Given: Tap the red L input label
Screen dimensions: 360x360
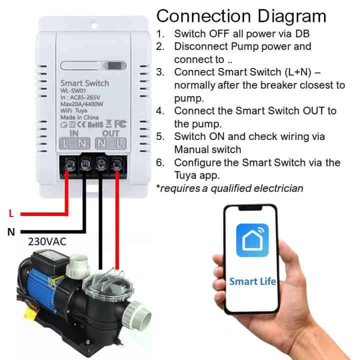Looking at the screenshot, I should pos(11,213).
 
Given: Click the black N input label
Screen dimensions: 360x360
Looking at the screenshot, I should pos(11,231).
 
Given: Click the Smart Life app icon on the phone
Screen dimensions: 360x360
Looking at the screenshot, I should pos(252,240).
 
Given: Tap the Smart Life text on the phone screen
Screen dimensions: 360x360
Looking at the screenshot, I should pos(252,281).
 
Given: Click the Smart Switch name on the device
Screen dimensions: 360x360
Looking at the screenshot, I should pos(84,82).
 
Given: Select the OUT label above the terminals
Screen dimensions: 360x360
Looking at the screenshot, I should pos(110,133).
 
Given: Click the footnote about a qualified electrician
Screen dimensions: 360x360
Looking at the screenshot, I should pos(229,188).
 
